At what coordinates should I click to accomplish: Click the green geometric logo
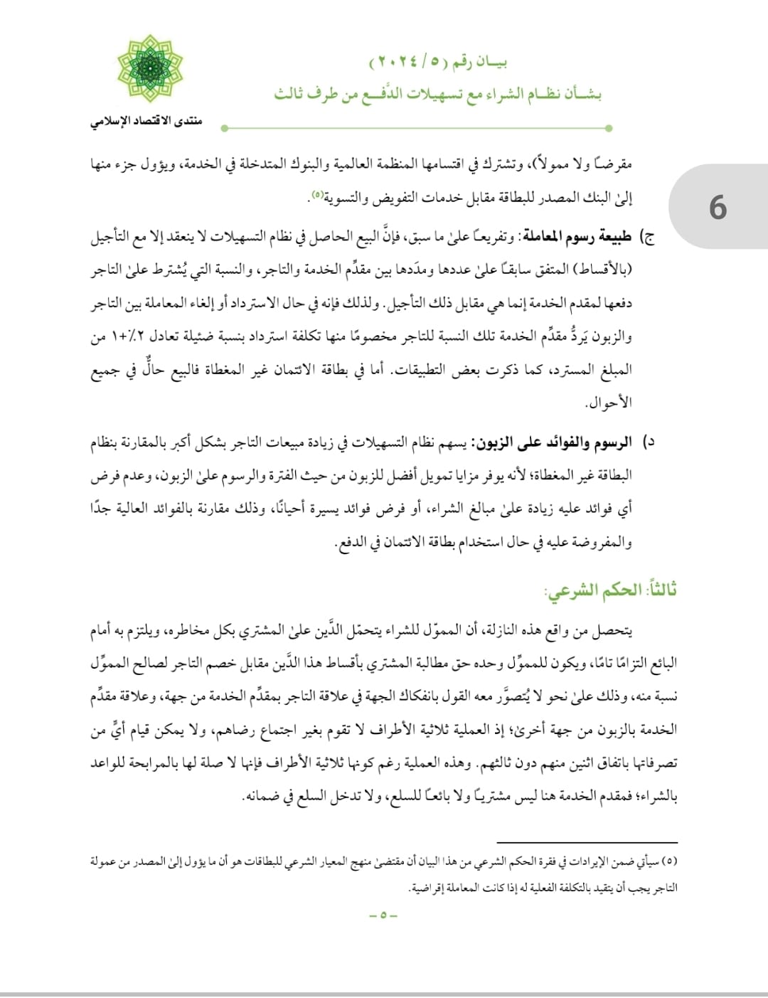[150, 69]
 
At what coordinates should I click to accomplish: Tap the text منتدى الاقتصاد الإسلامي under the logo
[146, 121]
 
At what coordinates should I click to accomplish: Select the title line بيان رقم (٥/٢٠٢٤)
[438, 63]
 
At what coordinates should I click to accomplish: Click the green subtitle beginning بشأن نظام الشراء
[438, 95]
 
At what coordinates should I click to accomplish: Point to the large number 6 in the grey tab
[718, 208]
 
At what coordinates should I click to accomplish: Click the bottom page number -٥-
[383, 915]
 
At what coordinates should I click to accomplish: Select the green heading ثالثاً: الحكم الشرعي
[610, 590]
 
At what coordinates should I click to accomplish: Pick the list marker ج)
[648, 237]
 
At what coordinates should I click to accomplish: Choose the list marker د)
[648, 442]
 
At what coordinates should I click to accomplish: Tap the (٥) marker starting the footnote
[670, 861]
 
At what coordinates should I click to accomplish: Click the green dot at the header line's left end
[224, 128]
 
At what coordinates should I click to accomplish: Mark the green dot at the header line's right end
[609, 128]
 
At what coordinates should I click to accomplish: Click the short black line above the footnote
[597, 842]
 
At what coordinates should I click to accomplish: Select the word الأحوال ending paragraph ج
[609, 403]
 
